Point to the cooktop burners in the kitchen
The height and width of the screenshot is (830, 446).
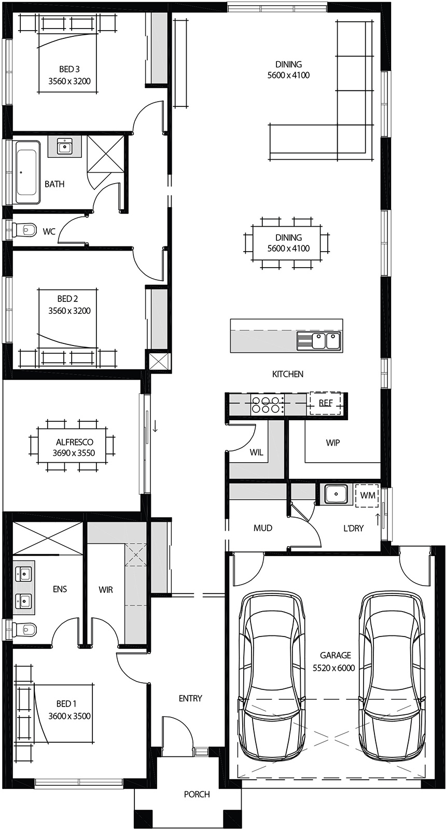267,405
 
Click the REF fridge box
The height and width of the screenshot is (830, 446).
325,403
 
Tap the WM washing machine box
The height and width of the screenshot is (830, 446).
368,495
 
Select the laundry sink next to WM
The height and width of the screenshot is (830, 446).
336,494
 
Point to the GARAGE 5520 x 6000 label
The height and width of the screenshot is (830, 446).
335,661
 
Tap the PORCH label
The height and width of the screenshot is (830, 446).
197,794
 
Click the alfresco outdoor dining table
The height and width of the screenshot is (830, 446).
73,447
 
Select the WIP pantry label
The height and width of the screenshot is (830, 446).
333,443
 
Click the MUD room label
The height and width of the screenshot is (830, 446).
263,528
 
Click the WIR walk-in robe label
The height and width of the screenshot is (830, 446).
106,590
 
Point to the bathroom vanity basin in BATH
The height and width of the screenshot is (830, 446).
65,147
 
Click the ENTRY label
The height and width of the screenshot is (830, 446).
190,699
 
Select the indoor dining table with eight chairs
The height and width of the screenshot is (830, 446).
286,243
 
